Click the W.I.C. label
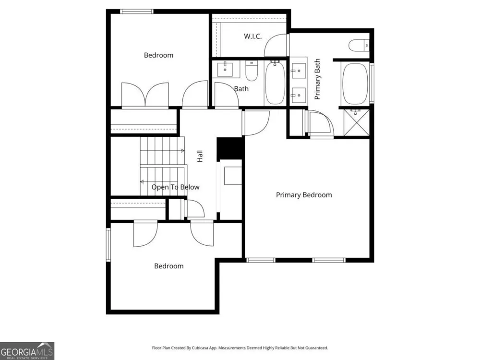point(252,36)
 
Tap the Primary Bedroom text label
point(304,195)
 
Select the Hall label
point(200,156)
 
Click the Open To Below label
point(175,187)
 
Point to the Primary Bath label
point(317,79)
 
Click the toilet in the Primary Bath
point(359,45)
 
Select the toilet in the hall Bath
point(252,71)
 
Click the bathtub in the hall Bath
point(275,83)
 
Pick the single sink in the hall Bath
point(225,70)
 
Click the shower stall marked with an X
point(356,122)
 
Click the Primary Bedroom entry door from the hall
point(256,123)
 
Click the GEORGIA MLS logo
point(27,351)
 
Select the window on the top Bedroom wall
point(137,12)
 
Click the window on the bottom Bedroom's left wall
point(108,245)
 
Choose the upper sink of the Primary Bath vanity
point(298,71)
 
